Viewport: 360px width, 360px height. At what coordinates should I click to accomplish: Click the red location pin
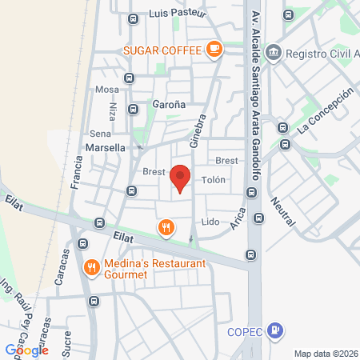pos(181,178)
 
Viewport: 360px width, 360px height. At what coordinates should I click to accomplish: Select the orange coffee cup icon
pos(213,50)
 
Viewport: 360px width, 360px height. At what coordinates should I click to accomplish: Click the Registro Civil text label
pos(320,54)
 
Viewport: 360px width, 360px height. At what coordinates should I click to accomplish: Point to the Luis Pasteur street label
pos(177,14)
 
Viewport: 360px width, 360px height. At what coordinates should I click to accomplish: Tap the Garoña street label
pos(169,105)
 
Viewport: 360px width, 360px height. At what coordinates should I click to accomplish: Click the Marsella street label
pos(105,148)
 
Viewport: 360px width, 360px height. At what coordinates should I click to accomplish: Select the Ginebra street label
pos(197,129)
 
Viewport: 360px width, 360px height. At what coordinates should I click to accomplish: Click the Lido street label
pos(210,222)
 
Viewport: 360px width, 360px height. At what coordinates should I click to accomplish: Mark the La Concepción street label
pos(324,110)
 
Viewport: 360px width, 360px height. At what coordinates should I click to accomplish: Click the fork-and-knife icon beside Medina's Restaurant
pos(92,267)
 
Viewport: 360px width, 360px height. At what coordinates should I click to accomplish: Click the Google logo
pos(26,350)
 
